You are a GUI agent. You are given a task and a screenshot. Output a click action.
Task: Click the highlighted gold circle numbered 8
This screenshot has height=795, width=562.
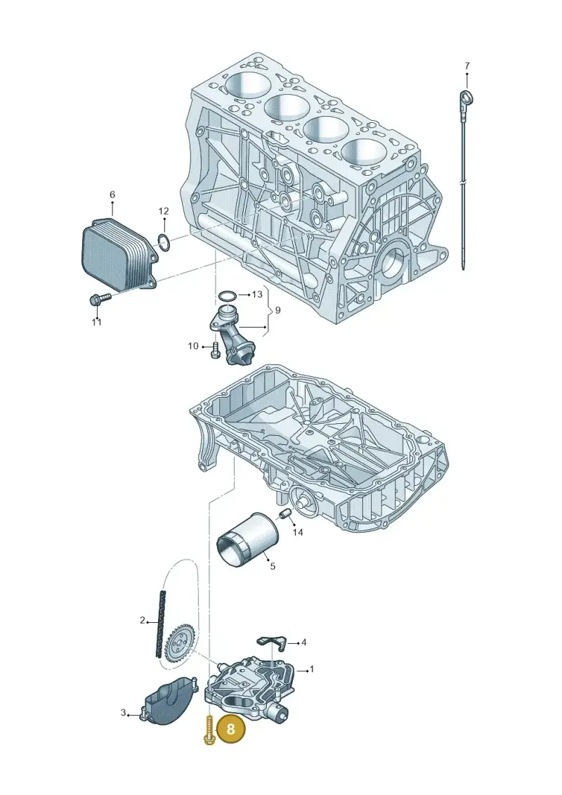230,729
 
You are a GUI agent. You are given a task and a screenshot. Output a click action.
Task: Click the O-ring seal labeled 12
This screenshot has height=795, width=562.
163,241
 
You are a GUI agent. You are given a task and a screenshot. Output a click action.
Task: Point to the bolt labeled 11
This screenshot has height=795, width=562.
99,299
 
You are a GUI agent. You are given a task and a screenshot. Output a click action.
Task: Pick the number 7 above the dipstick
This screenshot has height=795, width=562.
466,66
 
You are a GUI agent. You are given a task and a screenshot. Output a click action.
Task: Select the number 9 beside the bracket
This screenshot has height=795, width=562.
277,310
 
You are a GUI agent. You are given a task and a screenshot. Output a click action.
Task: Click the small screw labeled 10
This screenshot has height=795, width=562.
215,349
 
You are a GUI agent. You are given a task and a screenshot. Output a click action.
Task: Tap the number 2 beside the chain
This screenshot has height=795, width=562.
143,620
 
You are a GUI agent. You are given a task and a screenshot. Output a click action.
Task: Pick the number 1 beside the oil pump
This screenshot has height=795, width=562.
312,669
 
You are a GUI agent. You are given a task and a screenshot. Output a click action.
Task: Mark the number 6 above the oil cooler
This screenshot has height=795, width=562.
112,195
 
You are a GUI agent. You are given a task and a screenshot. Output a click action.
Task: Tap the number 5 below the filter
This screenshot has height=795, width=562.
273,566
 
